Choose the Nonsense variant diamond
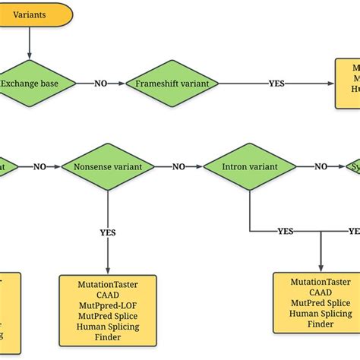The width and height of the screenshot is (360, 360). click(x=108, y=166)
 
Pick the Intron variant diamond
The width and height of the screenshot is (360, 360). click(x=251, y=166)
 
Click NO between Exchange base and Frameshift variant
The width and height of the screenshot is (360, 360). click(x=100, y=84)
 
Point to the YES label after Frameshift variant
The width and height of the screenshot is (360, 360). click(x=276, y=84)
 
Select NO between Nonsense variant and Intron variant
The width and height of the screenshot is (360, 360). click(x=179, y=166)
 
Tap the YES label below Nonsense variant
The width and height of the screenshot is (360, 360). click(x=108, y=232)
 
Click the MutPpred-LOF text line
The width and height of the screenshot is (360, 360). click(x=108, y=306)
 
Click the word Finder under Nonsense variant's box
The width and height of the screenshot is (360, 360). click(x=108, y=339)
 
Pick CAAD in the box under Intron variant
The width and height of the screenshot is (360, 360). click(x=321, y=292)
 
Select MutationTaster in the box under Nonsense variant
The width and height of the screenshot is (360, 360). click(x=108, y=284)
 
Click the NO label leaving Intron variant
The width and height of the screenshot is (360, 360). click(x=322, y=166)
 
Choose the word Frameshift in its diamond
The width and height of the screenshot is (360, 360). click(x=156, y=84)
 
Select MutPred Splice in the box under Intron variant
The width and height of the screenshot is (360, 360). click(x=321, y=302)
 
